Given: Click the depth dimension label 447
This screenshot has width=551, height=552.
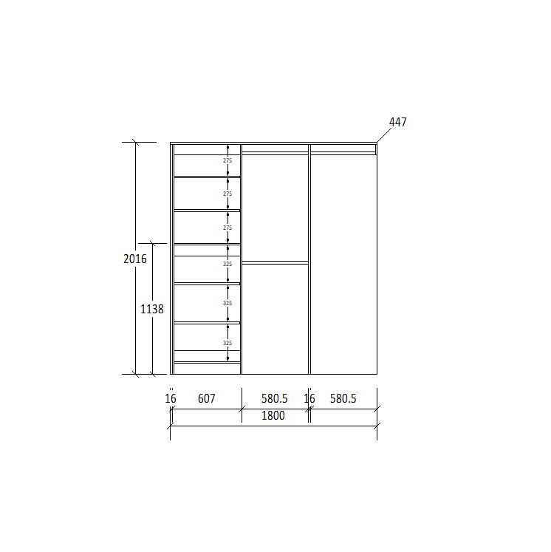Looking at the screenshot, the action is [x=397, y=122].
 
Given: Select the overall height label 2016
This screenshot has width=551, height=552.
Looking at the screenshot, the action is [x=134, y=259].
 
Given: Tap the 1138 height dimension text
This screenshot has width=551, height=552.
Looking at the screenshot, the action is [x=152, y=309].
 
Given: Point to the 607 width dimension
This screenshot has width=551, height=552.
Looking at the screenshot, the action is [x=206, y=398].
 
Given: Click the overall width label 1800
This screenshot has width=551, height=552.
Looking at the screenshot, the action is [x=273, y=416].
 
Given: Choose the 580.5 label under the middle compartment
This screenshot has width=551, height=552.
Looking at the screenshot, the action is [x=275, y=398].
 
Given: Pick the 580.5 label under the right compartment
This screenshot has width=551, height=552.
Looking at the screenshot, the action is [x=343, y=398].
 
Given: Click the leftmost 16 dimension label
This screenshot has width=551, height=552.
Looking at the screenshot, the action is [x=171, y=398].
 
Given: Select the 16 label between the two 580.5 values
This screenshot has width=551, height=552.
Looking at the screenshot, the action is [x=309, y=398].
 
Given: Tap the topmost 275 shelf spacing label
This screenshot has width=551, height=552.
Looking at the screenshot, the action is [x=227, y=160].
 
